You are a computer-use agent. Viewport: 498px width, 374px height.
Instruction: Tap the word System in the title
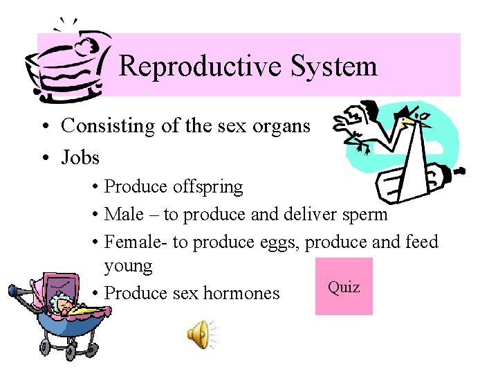334,66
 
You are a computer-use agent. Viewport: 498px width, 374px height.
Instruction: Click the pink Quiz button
344,286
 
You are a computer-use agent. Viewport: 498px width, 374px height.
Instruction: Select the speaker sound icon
199,335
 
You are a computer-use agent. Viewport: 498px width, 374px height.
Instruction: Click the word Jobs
80,157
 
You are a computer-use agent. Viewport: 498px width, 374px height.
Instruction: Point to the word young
128,267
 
